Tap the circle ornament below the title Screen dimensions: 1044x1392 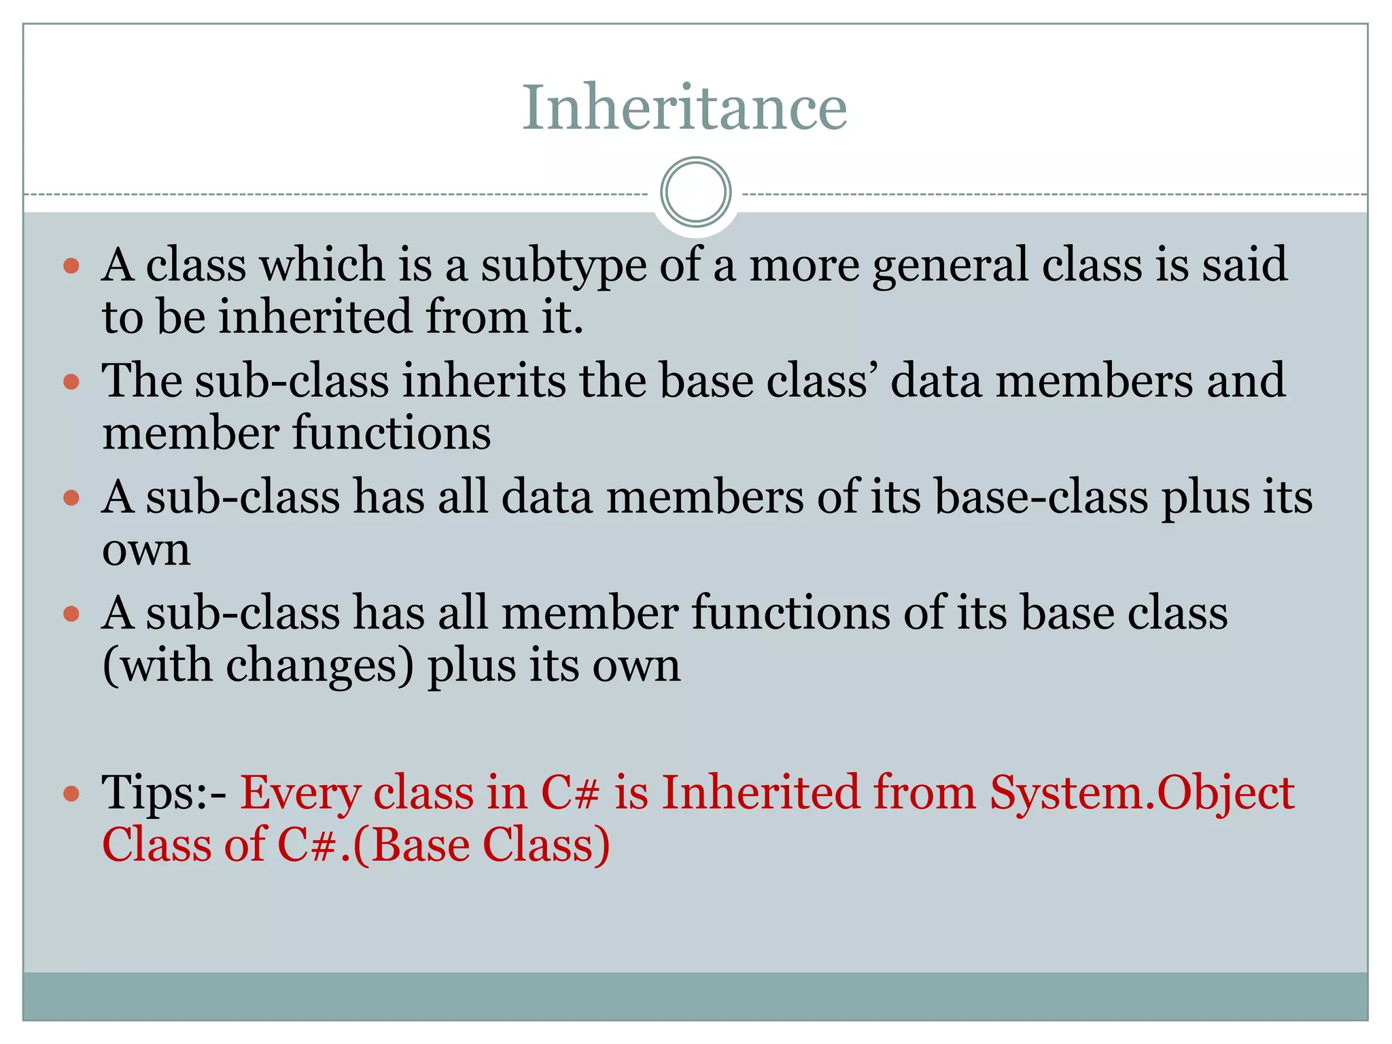[x=695, y=192]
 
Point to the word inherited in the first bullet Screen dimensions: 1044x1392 [x=315, y=317]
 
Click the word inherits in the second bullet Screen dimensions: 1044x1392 [x=483, y=381]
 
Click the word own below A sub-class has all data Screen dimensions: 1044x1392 [x=146, y=550]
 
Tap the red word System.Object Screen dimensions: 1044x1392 [x=1142, y=793]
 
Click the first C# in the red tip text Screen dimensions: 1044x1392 [x=570, y=793]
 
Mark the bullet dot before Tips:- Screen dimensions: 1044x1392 [x=71, y=793]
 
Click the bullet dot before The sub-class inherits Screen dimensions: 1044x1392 [x=71, y=382]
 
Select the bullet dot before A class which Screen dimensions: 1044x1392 [x=71, y=266]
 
